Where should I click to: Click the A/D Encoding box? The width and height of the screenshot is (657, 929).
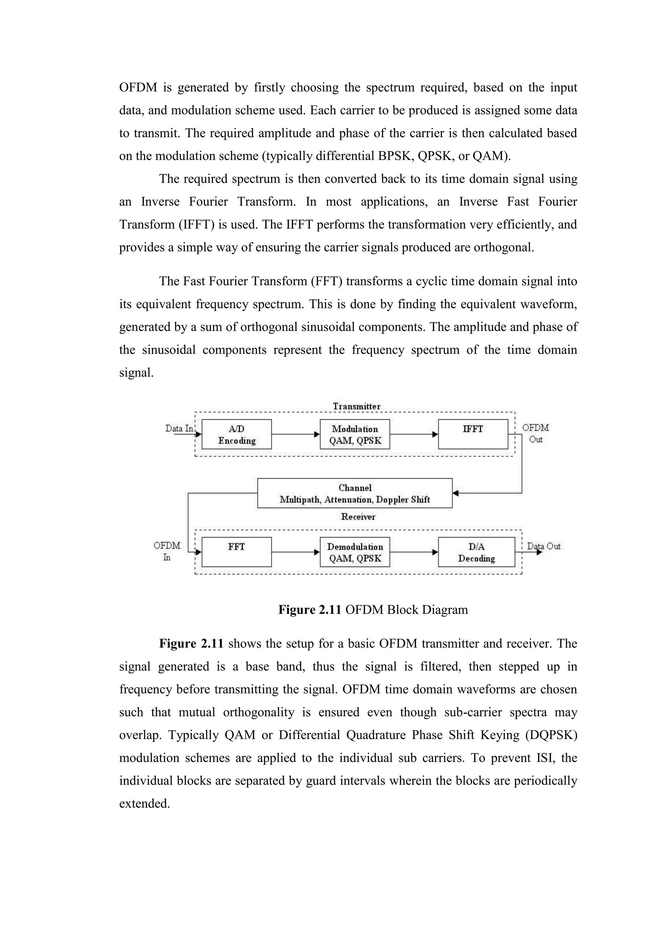[237, 434]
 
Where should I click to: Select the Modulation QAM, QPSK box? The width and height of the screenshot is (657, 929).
[355, 434]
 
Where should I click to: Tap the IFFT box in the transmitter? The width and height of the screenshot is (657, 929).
[473, 434]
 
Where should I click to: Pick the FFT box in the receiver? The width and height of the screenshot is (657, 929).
[237, 552]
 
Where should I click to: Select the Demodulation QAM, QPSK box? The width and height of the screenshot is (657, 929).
[355, 552]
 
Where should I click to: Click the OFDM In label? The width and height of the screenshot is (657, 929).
[167, 551]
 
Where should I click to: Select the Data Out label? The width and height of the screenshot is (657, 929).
[543, 546]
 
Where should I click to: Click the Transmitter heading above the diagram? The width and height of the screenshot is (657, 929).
[356, 406]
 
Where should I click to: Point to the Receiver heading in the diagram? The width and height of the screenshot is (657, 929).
[358, 517]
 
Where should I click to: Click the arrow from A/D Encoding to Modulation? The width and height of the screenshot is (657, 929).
[295, 434]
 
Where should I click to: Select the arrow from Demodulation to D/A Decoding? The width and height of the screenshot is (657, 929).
[414, 552]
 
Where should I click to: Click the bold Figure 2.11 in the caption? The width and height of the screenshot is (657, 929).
[310, 610]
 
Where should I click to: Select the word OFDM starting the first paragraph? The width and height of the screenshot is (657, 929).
[138, 87]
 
